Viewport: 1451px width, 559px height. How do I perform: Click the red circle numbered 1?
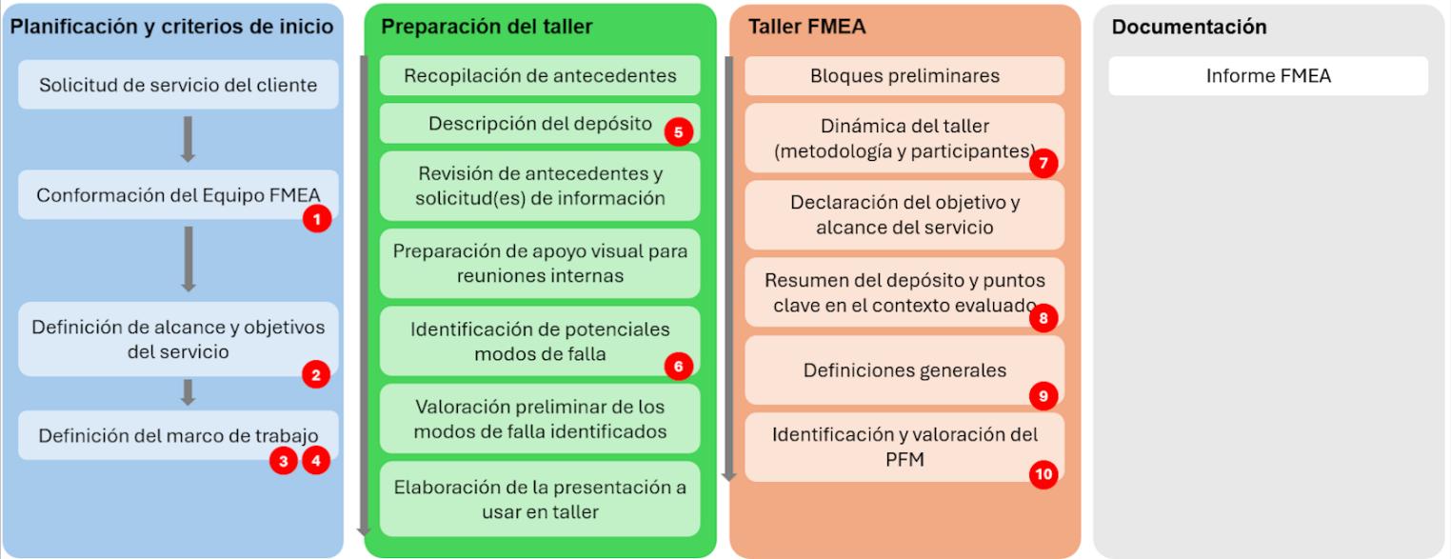point(316,219)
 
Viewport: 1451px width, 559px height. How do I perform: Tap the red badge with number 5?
point(678,132)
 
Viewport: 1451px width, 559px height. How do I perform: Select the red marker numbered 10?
point(1044,474)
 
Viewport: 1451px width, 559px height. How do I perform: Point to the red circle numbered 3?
point(283,461)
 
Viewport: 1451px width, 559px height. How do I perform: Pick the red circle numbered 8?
point(1044,318)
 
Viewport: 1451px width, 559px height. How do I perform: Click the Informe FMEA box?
point(1267,76)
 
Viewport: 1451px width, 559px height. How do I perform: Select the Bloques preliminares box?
point(904,76)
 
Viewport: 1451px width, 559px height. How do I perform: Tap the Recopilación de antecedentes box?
point(540,76)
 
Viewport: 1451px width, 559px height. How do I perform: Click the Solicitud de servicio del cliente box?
point(178,85)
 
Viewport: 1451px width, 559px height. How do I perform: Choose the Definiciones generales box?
point(904,370)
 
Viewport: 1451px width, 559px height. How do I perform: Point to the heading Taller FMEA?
point(806,27)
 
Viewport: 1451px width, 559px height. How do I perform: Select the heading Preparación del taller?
point(487,27)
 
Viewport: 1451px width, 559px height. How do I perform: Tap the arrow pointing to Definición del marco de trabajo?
point(189,392)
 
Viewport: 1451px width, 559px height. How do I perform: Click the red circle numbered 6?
point(678,367)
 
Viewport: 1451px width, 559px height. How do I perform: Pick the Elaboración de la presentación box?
point(540,499)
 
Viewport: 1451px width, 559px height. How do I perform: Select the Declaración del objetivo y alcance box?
point(904,215)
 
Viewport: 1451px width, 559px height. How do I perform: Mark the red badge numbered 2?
point(316,374)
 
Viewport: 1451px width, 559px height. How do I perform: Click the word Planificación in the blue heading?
point(64,27)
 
